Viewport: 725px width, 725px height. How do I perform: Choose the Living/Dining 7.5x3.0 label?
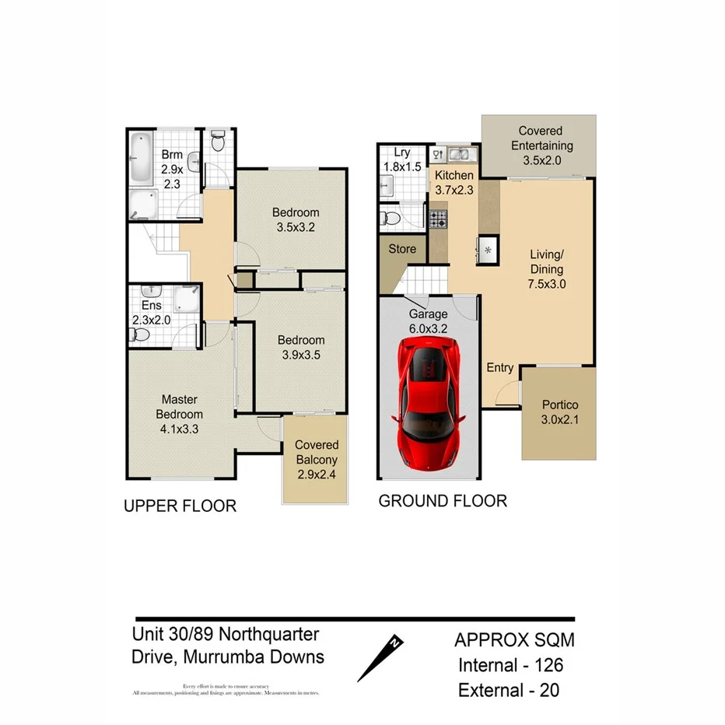point(547,269)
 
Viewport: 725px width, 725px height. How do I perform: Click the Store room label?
point(402,250)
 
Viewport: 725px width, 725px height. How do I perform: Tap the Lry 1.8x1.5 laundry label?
point(401,160)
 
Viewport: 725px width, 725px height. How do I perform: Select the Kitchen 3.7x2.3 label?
point(454,183)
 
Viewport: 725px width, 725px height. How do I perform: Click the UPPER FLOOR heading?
point(180,506)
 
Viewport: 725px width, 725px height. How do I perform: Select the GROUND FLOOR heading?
point(442,501)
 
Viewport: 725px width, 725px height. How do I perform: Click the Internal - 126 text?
point(510,665)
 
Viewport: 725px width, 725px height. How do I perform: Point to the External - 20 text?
point(510,690)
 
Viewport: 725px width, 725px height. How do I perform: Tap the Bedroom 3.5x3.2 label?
point(295,220)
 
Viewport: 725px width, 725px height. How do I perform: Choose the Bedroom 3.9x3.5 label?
point(301,348)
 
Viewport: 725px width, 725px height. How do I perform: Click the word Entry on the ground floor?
point(499,368)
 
